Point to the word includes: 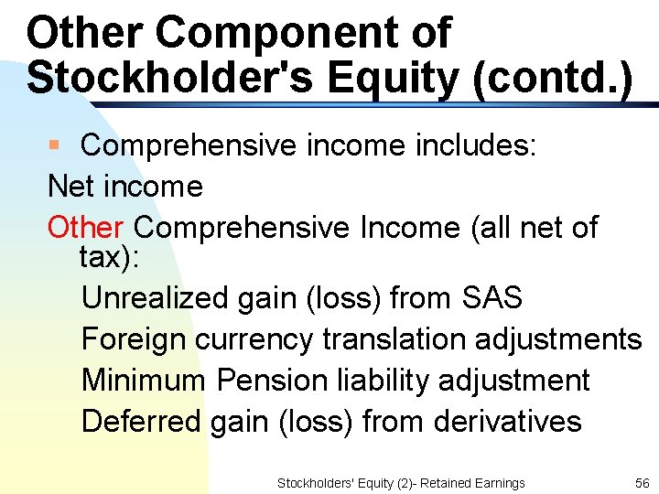[x=486, y=145]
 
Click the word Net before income [x=72, y=187]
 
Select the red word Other [x=85, y=227]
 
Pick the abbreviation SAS [x=492, y=297]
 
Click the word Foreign [x=135, y=338]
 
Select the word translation [x=394, y=338]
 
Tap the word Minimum [x=144, y=380]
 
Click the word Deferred [x=141, y=421]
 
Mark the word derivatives [x=507, y=421]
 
